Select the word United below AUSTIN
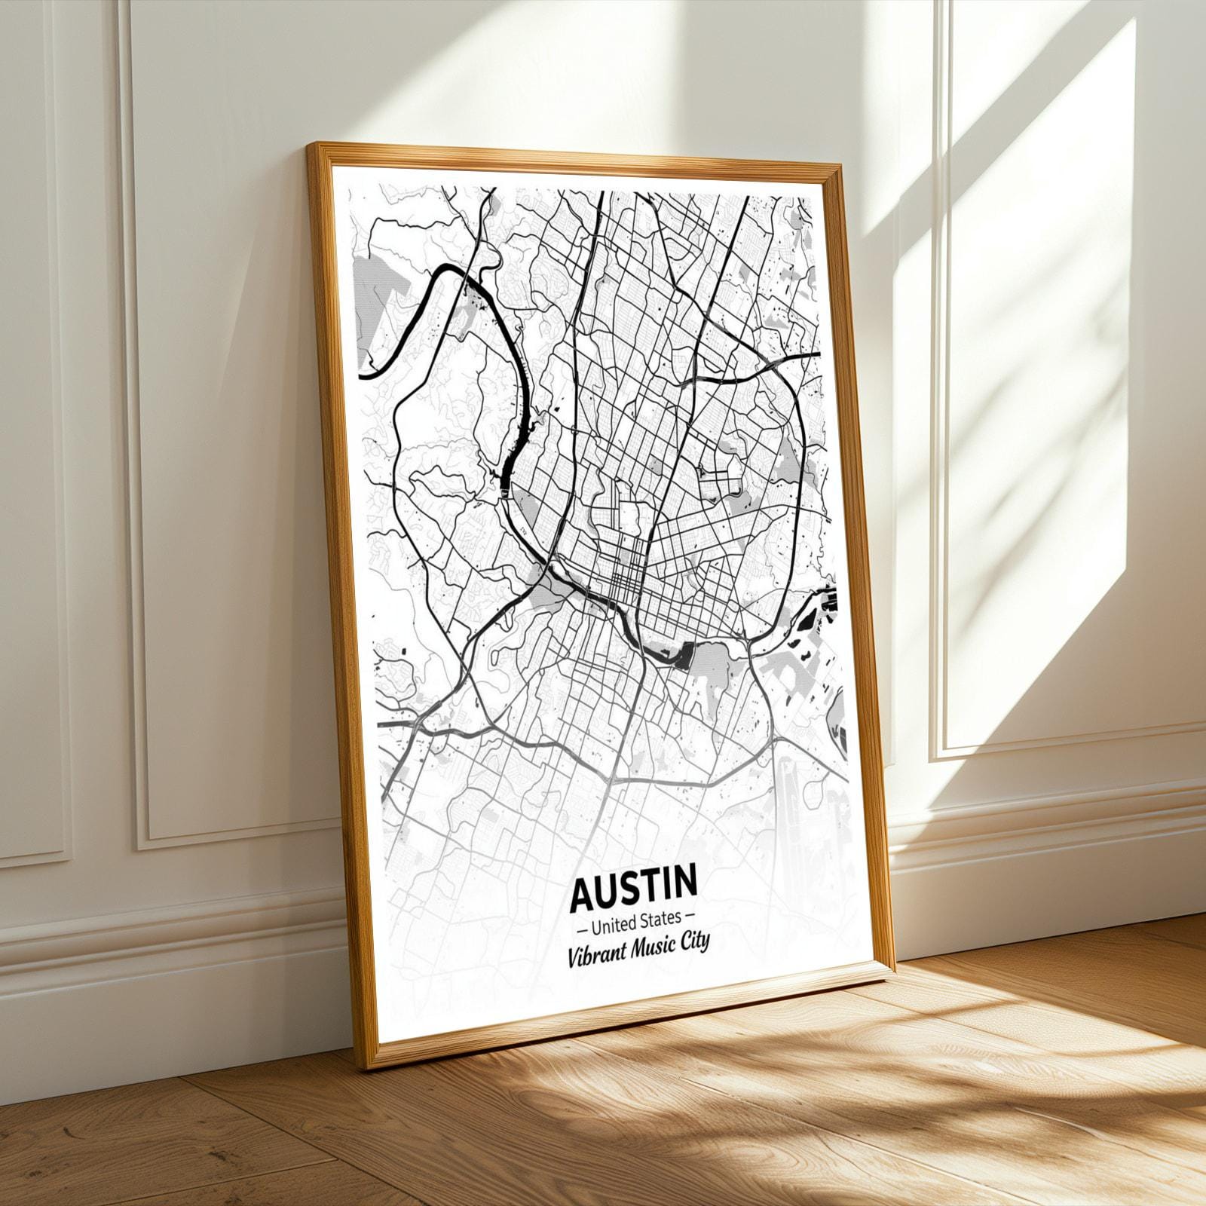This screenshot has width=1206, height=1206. [614, 920]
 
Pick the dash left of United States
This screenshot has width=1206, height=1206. [580, 923]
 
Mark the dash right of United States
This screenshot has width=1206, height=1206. [690, 916]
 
